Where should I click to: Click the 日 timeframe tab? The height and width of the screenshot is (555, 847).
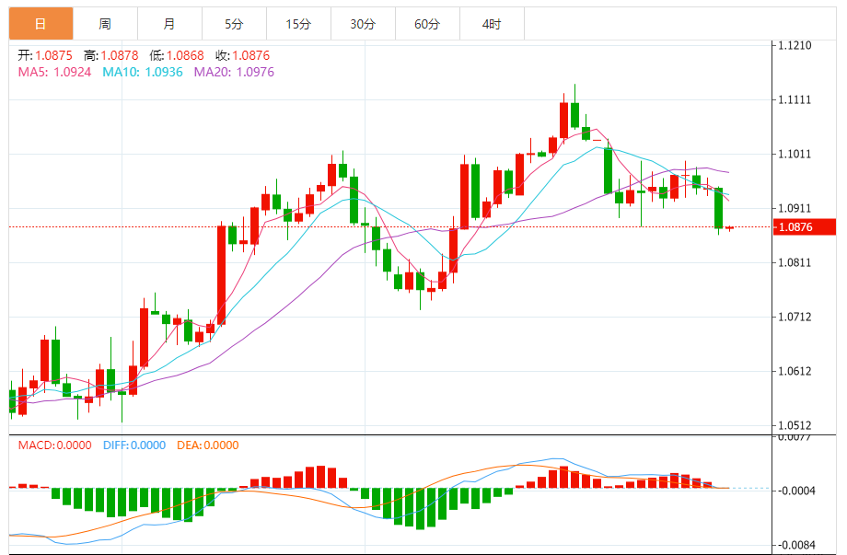click(41, 24)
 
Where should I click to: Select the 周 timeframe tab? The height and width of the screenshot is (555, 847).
click(105, 24)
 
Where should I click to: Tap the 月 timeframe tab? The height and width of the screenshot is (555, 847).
click(169, 24)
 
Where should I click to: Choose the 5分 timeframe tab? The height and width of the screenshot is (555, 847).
click(234, 24)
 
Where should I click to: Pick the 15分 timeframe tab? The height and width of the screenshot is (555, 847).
click(298, 24)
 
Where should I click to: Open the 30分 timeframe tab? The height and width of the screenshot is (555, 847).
click(363, 24)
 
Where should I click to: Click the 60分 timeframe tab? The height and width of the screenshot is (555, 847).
click(427, 24)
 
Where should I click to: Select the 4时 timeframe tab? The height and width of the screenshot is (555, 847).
click(492, 24)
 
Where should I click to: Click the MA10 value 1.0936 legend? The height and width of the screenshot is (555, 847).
click(142, 72)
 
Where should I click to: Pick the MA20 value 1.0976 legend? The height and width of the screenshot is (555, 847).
click(233, 72)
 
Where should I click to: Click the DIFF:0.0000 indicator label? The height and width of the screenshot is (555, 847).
click(135, 445)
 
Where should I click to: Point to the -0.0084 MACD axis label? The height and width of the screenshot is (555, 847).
click(797, 544)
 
